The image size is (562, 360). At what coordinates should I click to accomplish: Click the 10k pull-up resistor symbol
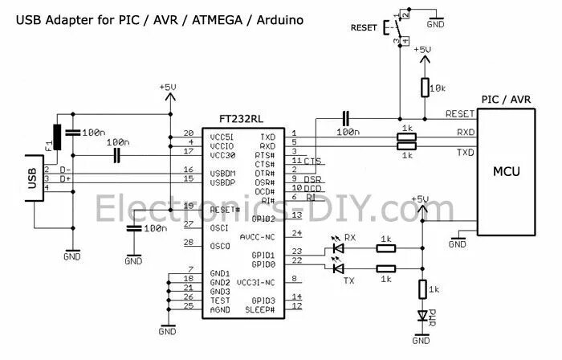(423, 88)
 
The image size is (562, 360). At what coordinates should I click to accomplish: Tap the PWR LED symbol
(423, 316)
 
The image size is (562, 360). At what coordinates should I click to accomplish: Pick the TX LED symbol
(337, 268)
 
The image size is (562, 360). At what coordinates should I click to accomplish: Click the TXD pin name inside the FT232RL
(268, 137)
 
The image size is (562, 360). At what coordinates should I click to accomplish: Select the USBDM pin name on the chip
(222, 173)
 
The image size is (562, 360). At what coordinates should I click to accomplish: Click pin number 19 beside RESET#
(188, 207)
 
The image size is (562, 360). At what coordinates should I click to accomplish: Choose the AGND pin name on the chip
(219, 309)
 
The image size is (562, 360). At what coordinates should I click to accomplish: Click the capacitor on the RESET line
(346, 118)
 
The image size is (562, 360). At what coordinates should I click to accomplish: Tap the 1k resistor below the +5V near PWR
(423, 287)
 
